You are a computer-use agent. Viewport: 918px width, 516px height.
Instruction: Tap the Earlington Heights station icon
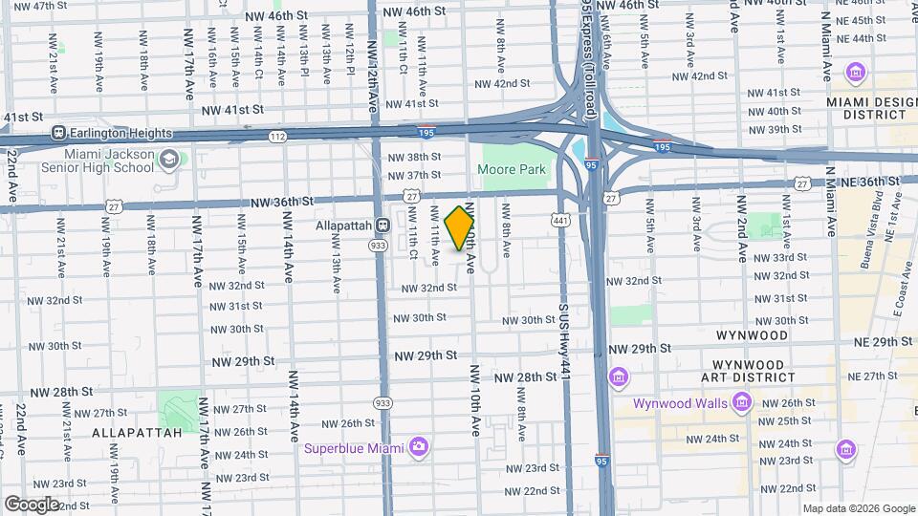pos(58,134)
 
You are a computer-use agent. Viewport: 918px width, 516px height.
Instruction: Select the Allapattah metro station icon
pos(382,226)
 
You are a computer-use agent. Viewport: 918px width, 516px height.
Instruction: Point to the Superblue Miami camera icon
pos(418,446)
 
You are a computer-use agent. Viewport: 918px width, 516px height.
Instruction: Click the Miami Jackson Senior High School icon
pos(169,160)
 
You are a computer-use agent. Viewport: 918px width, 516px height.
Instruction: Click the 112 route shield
pos(277,137)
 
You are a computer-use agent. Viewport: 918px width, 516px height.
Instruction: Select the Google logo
pos(32,505)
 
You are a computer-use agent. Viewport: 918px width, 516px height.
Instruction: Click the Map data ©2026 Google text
pos(858,508)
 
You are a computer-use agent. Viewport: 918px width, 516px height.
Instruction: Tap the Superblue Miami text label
pos(352,447)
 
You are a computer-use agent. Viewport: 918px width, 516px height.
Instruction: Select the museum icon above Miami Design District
pos(856,73)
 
